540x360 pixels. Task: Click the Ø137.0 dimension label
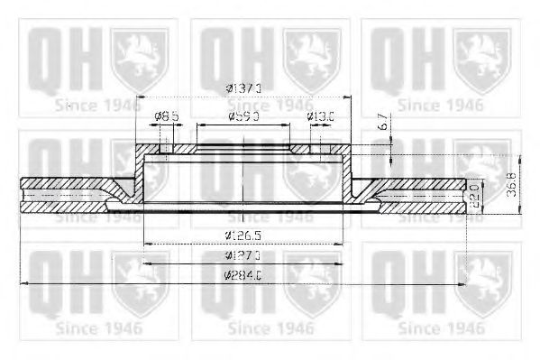(243, 88)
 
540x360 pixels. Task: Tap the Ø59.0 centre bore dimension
(243, 115)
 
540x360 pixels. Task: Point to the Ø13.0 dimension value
(321, 115)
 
